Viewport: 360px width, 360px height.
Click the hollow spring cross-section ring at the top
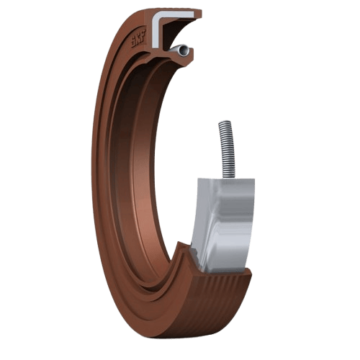coord(185,50)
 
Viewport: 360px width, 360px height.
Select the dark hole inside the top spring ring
coord(185,50)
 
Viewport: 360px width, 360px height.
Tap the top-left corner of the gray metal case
coord(199,180)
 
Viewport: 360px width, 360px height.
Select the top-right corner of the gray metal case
coord(253,177)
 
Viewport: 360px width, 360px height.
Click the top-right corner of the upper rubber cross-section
coord(201,12)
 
